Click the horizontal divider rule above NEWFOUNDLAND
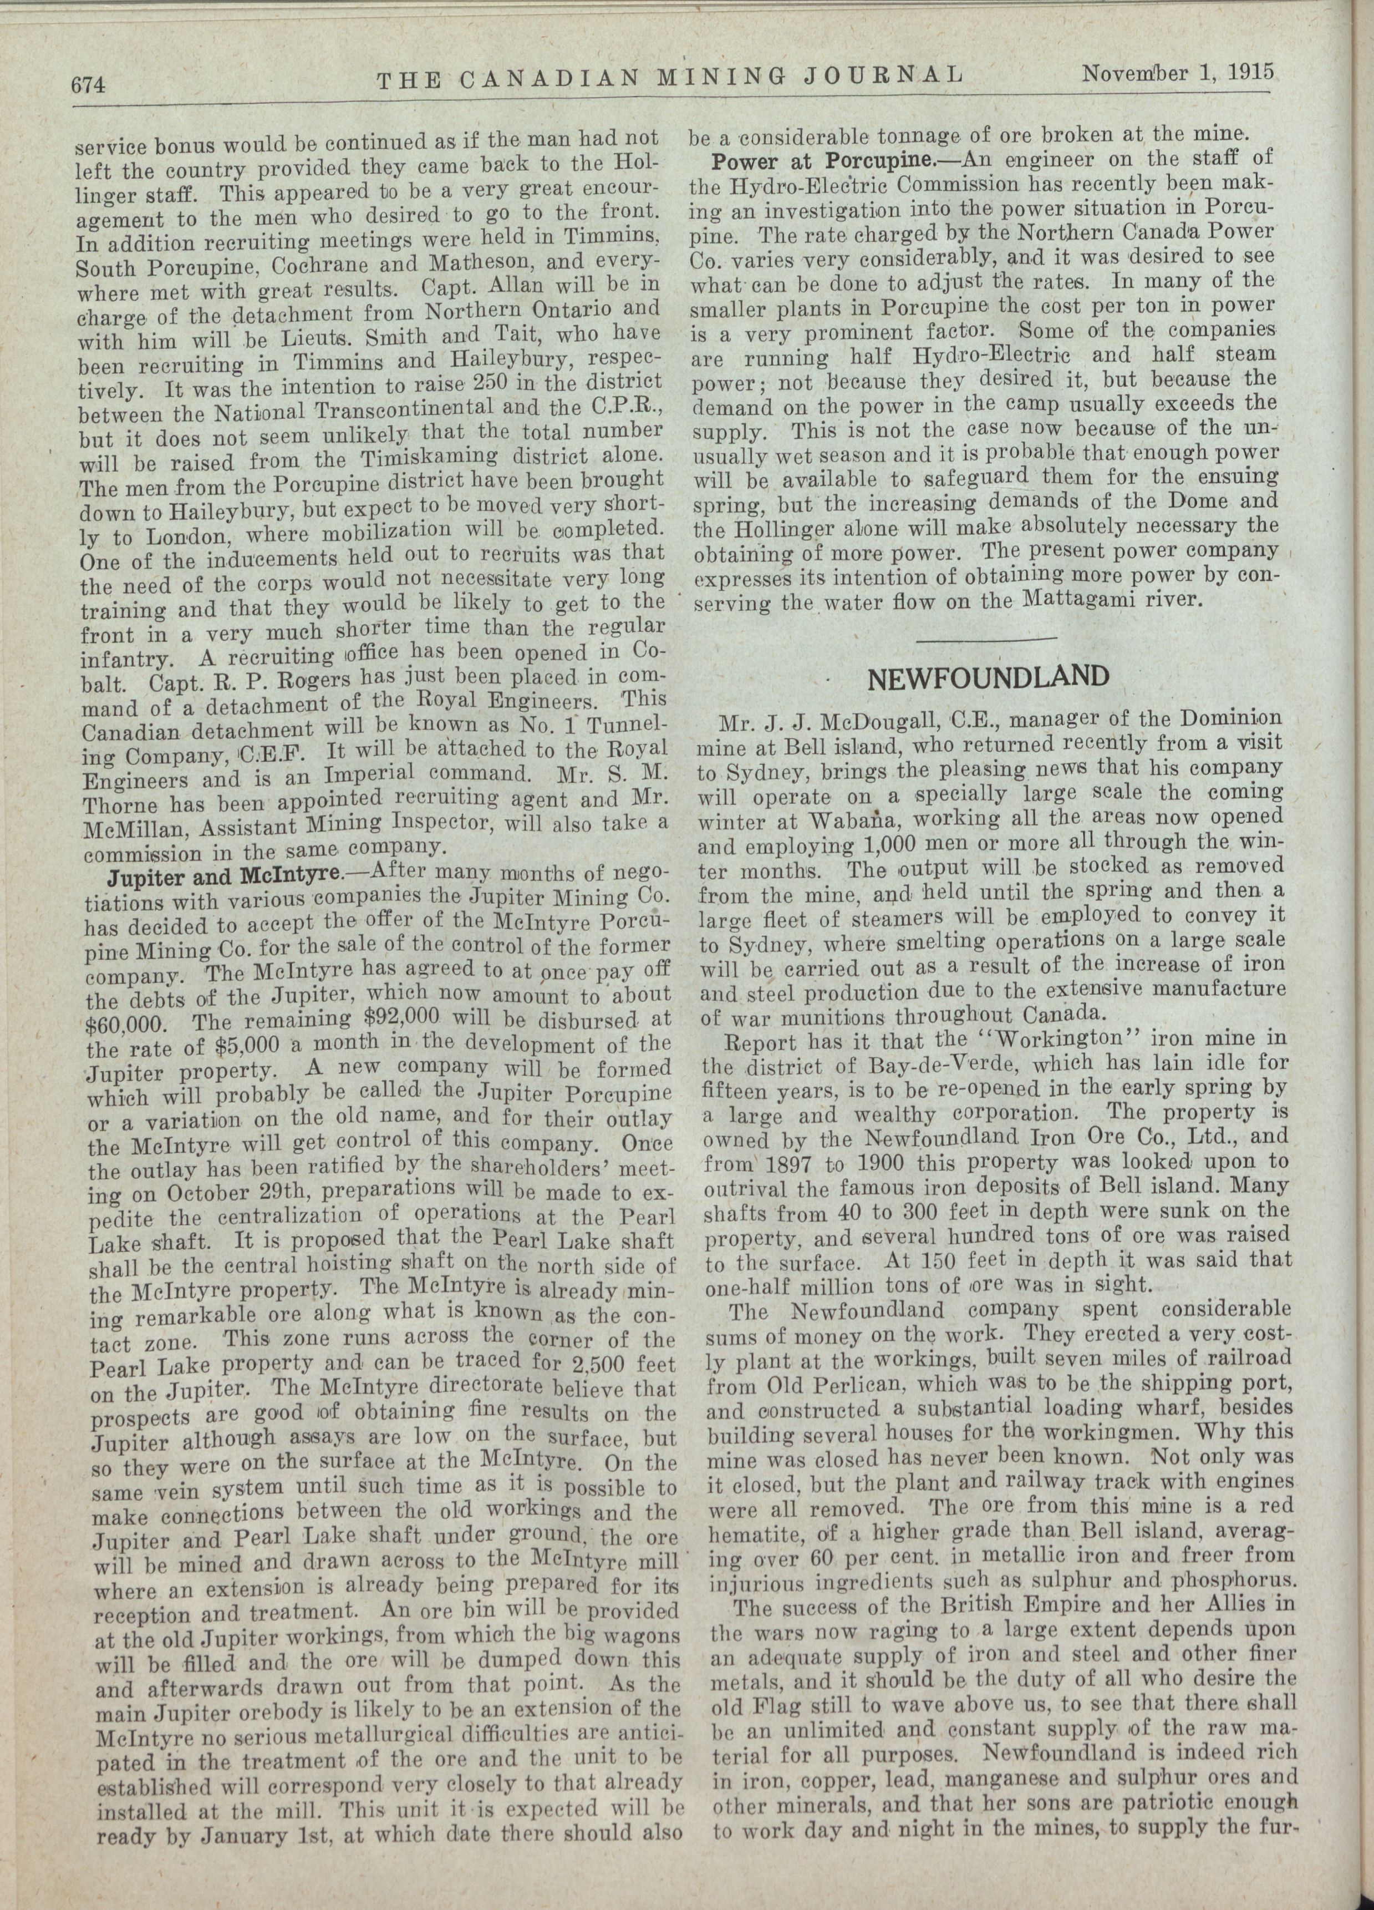click(985, 641)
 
